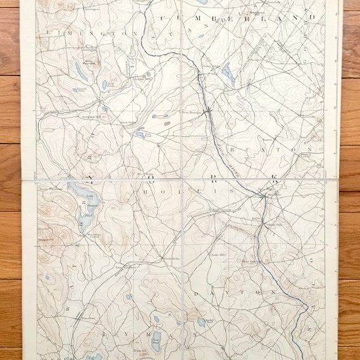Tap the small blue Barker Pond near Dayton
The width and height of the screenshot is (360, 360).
click(201, 322)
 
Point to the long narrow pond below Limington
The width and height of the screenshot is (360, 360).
click(81, 71)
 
